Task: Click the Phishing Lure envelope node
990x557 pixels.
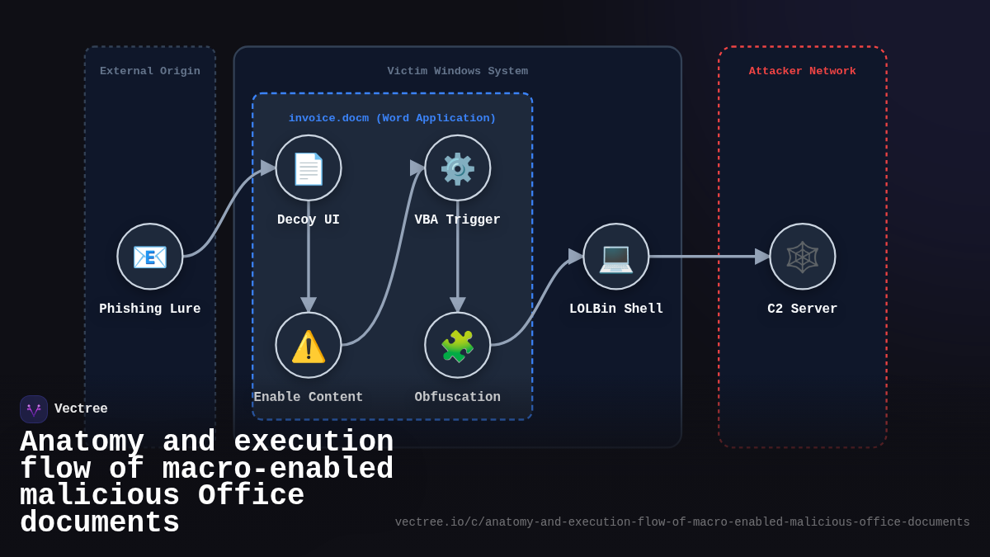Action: tap(150, 257)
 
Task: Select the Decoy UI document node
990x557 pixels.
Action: tap(309, 168)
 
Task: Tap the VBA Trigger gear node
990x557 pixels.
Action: tap(458, 168)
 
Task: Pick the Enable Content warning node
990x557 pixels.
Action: tap(309, 345)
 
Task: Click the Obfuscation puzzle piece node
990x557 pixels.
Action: tap(458, 345)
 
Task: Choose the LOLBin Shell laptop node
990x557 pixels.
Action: tap(616, 257)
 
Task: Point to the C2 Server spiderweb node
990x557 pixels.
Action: tap(803, 257)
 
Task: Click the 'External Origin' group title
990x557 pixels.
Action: tap(150, 72)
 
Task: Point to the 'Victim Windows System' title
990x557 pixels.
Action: tap(458, 72)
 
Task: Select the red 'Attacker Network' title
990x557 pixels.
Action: tap(803, 72)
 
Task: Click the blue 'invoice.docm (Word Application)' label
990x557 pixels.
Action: tap(392, 119)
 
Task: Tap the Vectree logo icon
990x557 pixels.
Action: tap(34, 409)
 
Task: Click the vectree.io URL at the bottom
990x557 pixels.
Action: tap(682, 522)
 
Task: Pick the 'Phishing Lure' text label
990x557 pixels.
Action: tap(150, 309)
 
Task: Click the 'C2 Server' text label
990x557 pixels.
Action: tap(803, 309)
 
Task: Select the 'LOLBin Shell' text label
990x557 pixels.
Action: tap(616, 309)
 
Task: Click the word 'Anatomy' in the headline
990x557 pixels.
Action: tap(82, 442)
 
